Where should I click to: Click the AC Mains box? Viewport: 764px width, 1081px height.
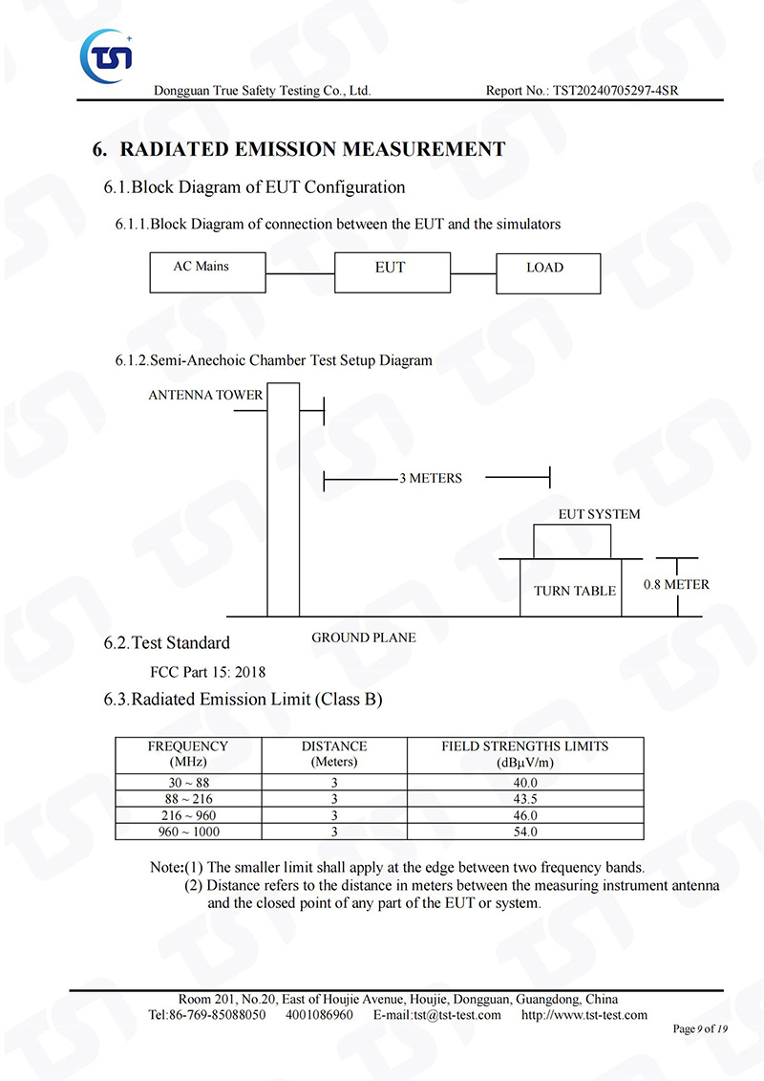click(207, 272)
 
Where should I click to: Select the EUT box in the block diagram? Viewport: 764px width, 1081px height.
click(391, 272)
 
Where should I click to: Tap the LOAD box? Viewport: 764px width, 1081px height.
click(547, 272)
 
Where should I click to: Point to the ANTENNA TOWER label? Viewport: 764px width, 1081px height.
click(205, 395)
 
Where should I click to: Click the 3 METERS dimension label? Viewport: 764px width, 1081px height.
click(430, 478)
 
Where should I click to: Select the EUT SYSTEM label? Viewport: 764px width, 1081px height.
click(599, 514)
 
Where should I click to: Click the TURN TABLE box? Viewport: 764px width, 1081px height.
click(574, 591)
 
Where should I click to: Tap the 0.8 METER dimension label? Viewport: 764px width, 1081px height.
click(676, 584)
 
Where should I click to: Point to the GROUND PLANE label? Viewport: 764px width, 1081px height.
click(364, 637)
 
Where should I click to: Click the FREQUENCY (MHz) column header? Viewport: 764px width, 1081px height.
click(187, 753)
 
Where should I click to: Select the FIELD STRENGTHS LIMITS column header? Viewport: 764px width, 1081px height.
click(524, 753)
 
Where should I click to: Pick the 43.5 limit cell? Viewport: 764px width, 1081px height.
click(525, 799)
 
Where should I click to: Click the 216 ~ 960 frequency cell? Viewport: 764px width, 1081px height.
click(187, 815)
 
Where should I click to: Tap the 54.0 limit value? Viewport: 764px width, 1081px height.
click(525, 832)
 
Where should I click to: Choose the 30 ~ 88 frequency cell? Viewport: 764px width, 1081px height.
click(187, 783)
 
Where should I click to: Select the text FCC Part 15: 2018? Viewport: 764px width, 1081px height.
click(207, 671)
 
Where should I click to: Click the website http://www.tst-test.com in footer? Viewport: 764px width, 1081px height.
click(584, 1015)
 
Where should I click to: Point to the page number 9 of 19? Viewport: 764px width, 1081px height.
click(700, 1029)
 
